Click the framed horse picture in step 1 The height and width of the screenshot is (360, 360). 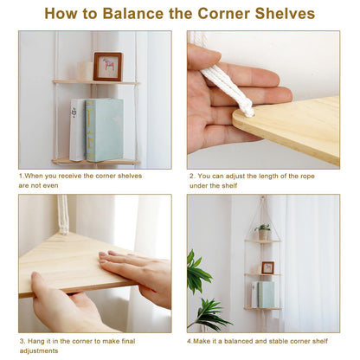108,67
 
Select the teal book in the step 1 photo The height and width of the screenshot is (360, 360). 105,130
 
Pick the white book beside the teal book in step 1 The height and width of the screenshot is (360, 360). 77,130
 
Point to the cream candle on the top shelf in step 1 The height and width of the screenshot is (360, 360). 85,71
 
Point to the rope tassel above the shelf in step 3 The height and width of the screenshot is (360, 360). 63,214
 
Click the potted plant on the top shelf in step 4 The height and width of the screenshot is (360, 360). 263,232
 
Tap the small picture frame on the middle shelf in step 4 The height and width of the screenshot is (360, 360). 267,267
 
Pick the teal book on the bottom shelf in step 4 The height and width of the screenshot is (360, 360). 266,294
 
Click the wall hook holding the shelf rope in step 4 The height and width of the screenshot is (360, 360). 262,198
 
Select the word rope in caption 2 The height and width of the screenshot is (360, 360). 306,177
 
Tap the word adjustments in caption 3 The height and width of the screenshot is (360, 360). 39,351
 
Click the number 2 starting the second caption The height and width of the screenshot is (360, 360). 192,176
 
